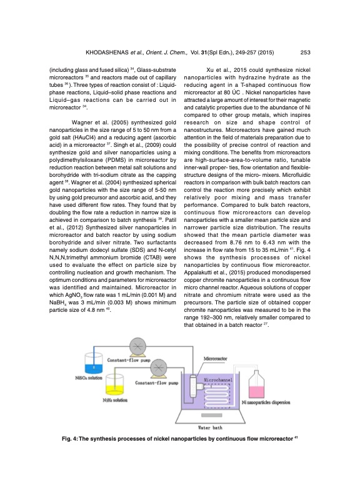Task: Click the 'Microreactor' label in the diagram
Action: [x=217, y=359]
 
